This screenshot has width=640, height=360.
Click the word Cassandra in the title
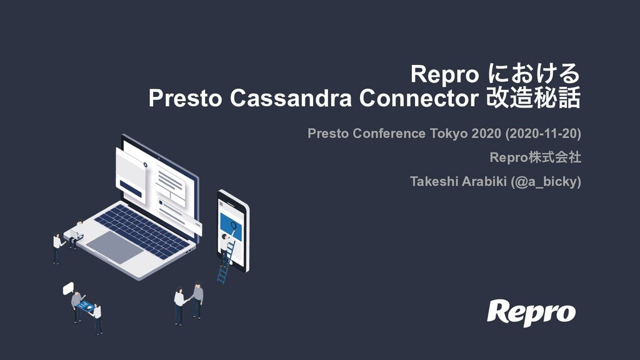(290, 98)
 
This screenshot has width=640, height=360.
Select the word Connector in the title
(419, 98)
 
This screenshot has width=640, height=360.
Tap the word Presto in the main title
(185, 98)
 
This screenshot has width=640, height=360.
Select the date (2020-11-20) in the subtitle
(543, 134)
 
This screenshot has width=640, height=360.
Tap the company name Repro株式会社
(535, 157)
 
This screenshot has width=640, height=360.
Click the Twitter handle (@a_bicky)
(546, 181)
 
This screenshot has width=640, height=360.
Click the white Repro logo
(531, 312)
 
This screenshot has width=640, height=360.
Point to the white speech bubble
(68, 288)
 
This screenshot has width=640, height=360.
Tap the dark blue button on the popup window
(131, 189)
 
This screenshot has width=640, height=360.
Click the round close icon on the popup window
(145, 165)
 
